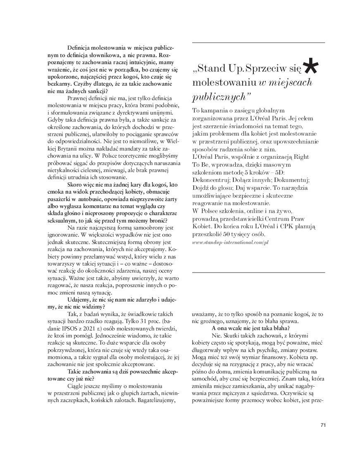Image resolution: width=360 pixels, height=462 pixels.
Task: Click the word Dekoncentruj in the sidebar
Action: [211, 180]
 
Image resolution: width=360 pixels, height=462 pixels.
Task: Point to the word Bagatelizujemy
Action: [156, 400]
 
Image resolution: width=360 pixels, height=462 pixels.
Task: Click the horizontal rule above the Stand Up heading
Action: [258, 43]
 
